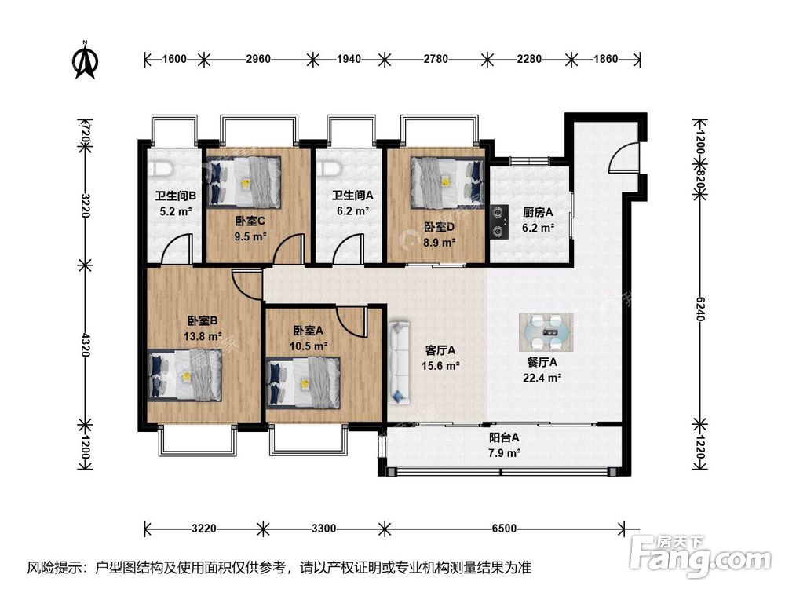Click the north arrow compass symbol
pos(85,60)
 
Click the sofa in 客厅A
pos(399,363)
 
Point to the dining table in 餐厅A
pos(546,332)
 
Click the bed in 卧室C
pos(243,182)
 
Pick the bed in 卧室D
pos(447,183)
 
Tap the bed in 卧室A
pos(304,382)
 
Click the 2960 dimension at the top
pos(258,59)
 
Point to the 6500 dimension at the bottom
pos(504,529)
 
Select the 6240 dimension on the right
pos(700,309)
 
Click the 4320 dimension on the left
pos(85,345)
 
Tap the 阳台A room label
pos(504,437)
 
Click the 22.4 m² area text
pos(542,378)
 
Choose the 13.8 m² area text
pos(203,336)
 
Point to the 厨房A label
pos(538,212)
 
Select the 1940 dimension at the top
pos(349,59)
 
